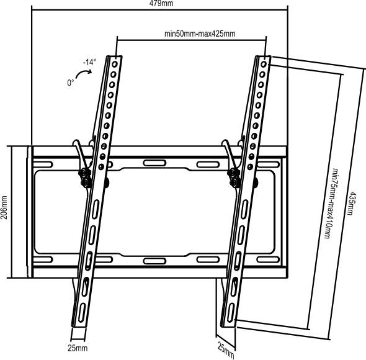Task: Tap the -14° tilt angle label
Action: (89, 62)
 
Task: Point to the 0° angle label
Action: (71, 81)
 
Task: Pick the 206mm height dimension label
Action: (4, 212)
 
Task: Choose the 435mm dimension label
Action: (352, 202)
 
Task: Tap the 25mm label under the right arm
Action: (225, 349)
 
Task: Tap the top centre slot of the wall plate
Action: (153, 163)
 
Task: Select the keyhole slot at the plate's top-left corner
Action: (43, 163)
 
